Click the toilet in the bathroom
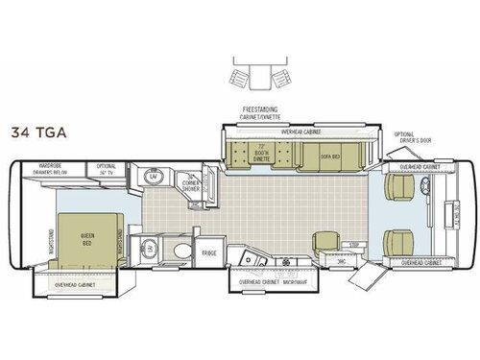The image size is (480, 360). [181, 250]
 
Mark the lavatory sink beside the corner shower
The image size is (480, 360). [153, 178]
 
